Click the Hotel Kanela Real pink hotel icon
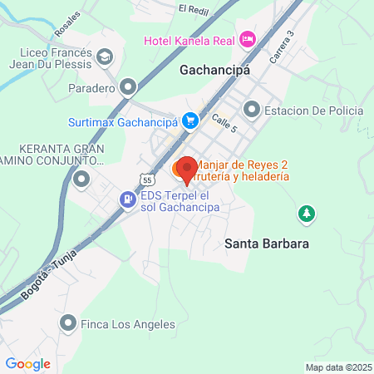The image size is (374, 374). pyautogui.click(x=247, y=40)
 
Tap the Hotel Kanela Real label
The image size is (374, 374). pyautogui.click(x=189, y=40)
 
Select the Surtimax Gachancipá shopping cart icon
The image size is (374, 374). pyautogui.click(x=190, y=120)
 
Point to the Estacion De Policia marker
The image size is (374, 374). pyautogui.click(x=251, y=110)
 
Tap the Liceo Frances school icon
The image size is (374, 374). pyautogui.click(x=105, y=57)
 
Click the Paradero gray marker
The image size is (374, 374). pyautogui.click(x=128, y=86)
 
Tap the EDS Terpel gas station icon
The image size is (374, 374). pyautogui.click(x=127, y=199)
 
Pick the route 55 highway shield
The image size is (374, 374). pyautogui.click(x=146, y=179)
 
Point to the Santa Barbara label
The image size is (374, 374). pyautogui.click(x=267, y=244)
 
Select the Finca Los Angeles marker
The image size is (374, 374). pyautogui.click(x=68, y=323)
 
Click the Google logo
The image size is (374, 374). pyautogui.click(x=27, y=363)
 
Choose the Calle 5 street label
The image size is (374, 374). pyautogui.click(x=224, y=123)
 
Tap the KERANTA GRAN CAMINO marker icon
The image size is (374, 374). pyautogui.click(x=81, y=179)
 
